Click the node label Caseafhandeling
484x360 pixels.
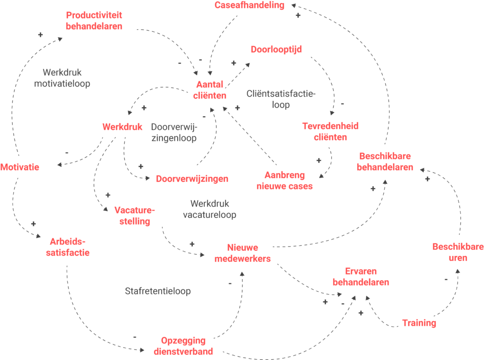[x=249, y=6]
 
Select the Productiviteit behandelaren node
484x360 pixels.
[x=94, y=21]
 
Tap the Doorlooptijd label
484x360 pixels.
[x=277, y=50]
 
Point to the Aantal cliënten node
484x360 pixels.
[x=209, y=90]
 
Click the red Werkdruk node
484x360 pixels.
[x=122, y=127]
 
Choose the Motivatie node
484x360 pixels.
[x=20, y=167]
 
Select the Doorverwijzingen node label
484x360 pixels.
[x=192, y=179]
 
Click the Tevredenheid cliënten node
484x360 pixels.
[x=330, y=131]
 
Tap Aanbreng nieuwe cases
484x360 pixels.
[x=285, y=180]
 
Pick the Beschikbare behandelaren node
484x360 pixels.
[x=385, y=162]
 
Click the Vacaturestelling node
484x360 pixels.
[x=134, y=216]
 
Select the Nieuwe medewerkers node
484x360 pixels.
[x=242, y=253]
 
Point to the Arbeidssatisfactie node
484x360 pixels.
[x=68, y=247]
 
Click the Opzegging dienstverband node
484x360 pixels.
[x=183, y=346]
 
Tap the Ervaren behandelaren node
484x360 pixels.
[x=361, y=277]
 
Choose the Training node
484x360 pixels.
[x=419, y=323]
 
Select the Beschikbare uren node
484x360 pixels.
[x=458, y=252]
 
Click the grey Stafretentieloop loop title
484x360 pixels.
[x=158, y=291]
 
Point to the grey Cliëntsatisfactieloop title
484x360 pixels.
[x=281, y=99]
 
